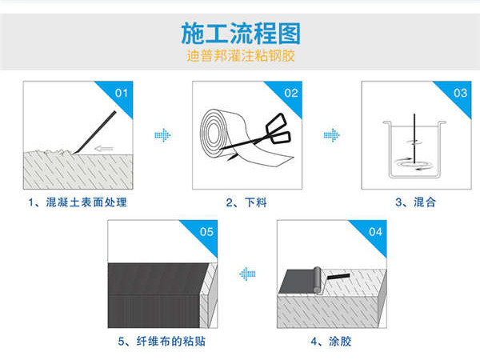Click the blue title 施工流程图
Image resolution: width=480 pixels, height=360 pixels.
click(x=240, y=34)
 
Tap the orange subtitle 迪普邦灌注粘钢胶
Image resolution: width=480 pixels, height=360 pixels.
click(x=240, y=58)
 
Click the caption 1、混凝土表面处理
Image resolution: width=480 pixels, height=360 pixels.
click(x=77, y=202)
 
